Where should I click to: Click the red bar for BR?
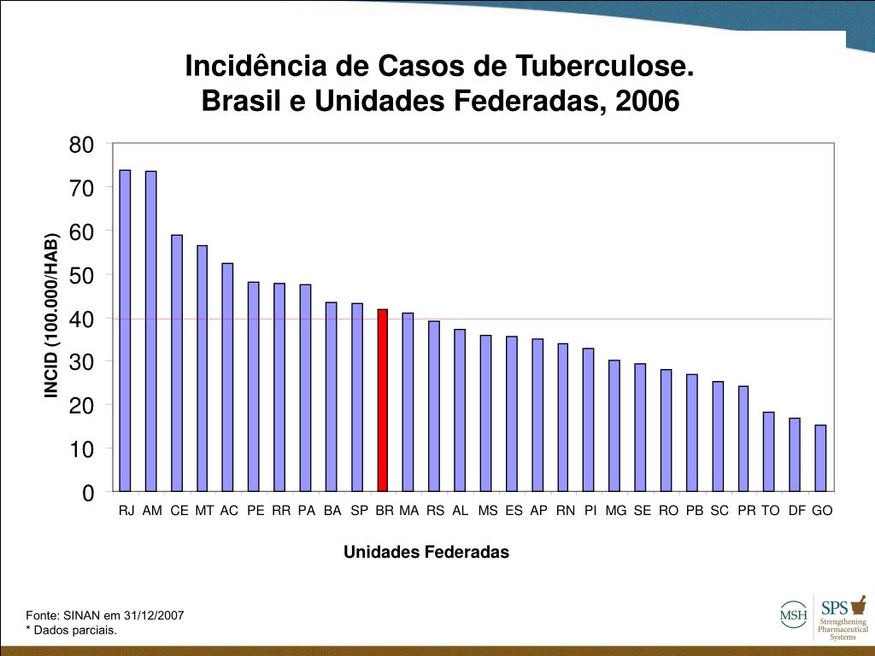(383, 400)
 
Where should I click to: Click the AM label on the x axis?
(152, 511)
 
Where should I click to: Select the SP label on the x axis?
(359, 511)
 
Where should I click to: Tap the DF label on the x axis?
(797, 511)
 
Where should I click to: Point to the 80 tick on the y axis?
(81, 144)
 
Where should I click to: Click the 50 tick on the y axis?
(81, 275)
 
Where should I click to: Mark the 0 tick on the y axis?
(87, 493)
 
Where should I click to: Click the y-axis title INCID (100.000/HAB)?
(52, 314)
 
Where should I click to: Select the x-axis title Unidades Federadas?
(426, 552)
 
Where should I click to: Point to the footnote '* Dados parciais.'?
(71, 630)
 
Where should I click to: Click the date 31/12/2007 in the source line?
(154, 615)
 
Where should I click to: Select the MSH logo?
(792, 612)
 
